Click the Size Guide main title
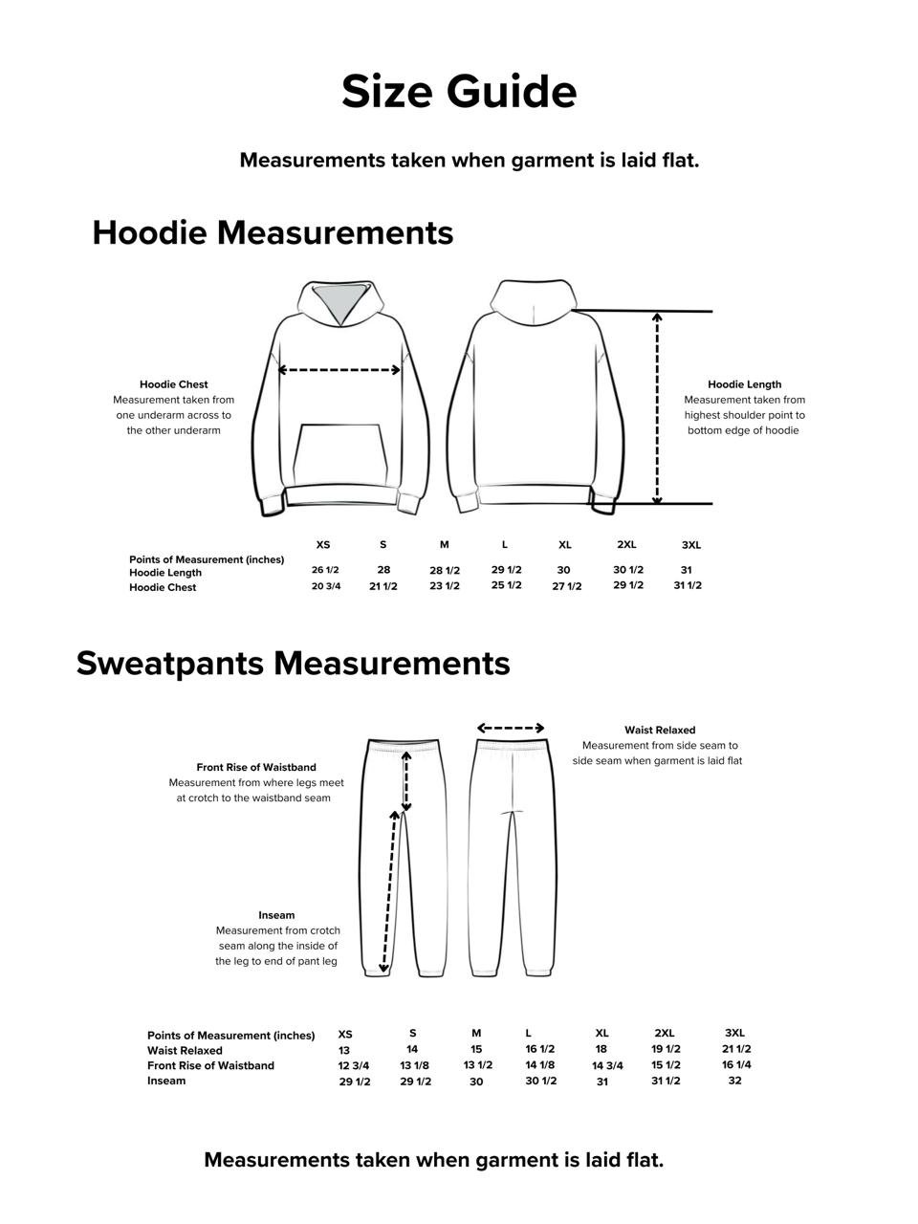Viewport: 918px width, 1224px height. pos(459,92)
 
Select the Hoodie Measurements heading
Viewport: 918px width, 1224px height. pos(273,232)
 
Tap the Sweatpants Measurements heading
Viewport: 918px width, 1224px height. pos(293,663)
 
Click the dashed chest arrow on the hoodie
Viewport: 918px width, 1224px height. pos(339,370)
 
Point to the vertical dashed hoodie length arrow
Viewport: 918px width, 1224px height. pos(657,407)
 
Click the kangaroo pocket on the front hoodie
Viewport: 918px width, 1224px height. pos(342,455)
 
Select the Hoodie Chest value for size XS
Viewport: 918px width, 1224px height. pos(325,586)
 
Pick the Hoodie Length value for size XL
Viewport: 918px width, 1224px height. pos(564,570)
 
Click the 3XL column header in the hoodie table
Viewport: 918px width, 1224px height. pos(690,545)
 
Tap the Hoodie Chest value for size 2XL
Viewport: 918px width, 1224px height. pos(628,585)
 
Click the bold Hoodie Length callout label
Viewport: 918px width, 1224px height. pos(744,384)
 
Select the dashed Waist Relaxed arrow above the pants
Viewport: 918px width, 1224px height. pos(511,729)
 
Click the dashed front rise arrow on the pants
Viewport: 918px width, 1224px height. pos(406,780)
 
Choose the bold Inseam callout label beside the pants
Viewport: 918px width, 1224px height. pos(276,915)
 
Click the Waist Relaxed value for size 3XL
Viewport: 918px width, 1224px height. pos(736,1049)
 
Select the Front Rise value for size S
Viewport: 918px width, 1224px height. pos(414,1065)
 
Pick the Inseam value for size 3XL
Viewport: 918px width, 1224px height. pos(734,1081)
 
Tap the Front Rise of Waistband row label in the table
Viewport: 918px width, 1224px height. pos(210,1065)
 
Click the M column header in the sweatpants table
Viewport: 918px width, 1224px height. pos(476,1033)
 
